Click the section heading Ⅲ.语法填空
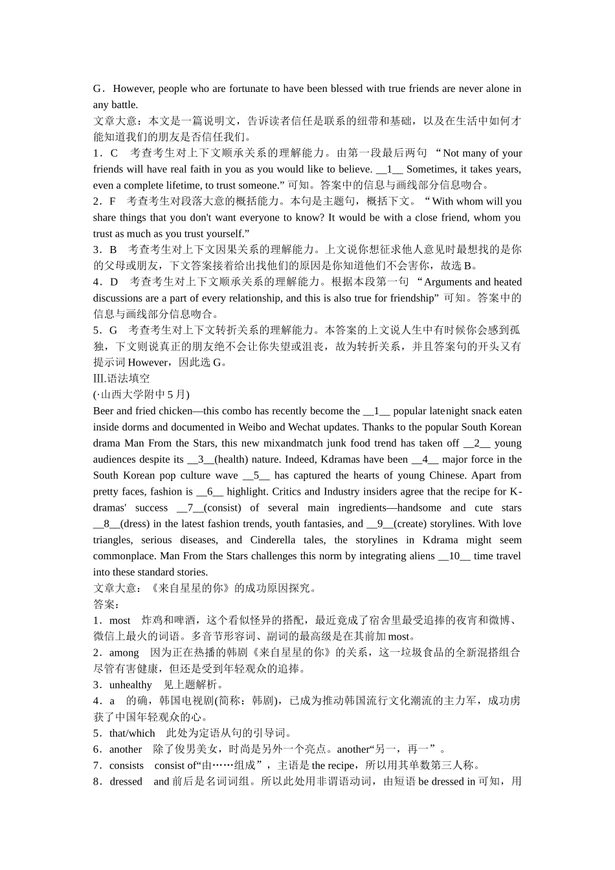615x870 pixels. pos(121,379)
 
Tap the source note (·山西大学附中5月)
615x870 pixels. pos(141,395)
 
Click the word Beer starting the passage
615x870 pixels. pos(103,411)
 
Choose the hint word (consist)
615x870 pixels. pos(223,508)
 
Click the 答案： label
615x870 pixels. pos(106,605)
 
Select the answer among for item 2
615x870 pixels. pos(124,652)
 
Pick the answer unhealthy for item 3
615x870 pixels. pos(131,685)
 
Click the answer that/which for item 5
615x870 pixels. pos(132,733)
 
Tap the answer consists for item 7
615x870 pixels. pos(127,766)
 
